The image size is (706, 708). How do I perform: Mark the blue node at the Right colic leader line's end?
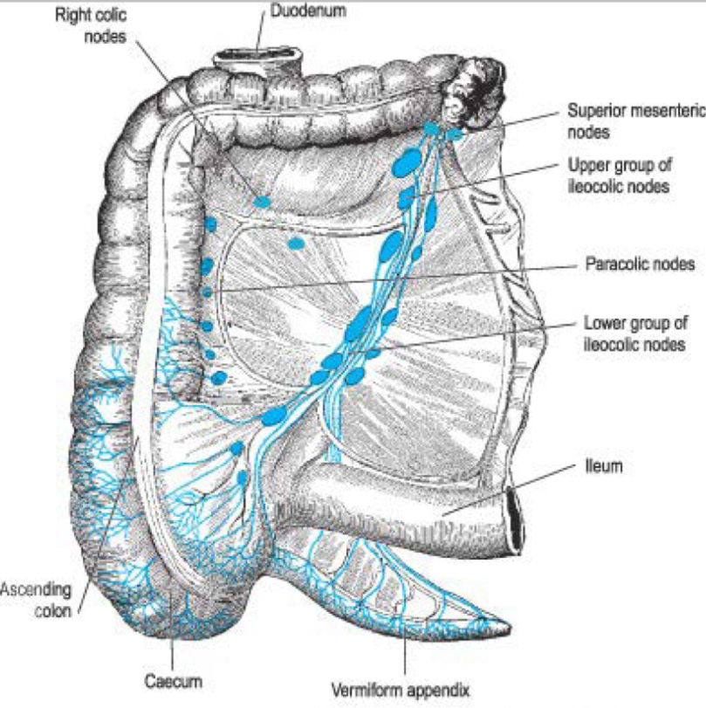263,202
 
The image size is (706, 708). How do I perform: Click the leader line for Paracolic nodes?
393,277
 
